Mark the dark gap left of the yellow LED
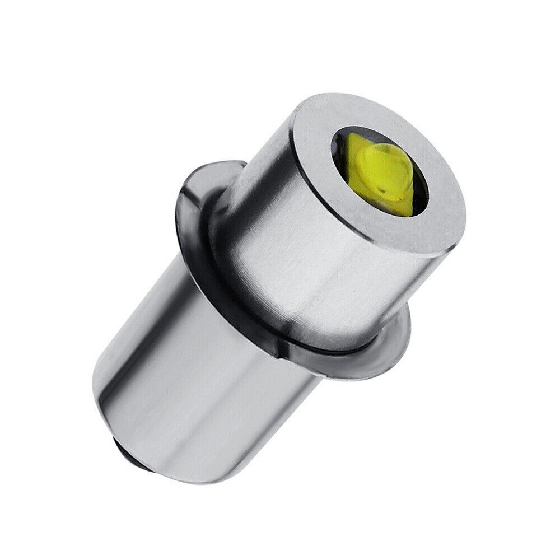[x=339, y=151]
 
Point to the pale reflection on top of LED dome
[x=386, y=151]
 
